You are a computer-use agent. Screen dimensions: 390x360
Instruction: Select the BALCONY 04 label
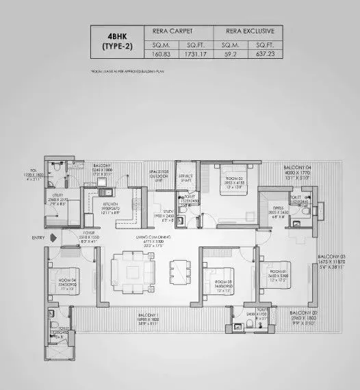[297, 167]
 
